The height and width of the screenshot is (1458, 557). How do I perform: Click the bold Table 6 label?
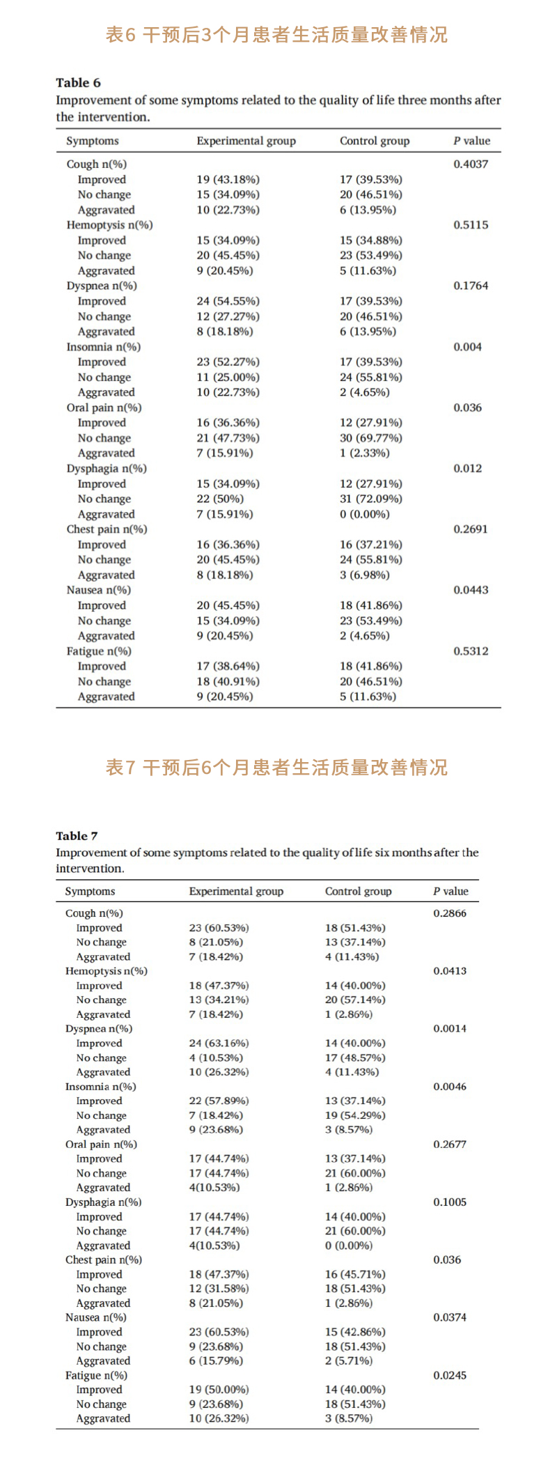(x=78, y=83)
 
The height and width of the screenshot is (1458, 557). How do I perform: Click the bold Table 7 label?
(x=77, y=836)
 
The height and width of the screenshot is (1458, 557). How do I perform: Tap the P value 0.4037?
(x=471, y=164)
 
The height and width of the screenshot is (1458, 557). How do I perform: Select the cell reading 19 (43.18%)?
(x=228, y=180)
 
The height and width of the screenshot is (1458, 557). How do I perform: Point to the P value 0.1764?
(x=471, y=286)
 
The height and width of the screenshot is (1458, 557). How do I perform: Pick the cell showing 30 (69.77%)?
(x=370, y=438)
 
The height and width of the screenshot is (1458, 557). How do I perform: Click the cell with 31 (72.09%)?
(x=370, y=499)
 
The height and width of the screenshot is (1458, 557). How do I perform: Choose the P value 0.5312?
(x=471, y=651)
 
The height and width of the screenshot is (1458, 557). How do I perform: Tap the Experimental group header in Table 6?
(x=246, y=141)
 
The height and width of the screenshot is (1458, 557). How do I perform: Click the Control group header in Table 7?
(x=358, y=891)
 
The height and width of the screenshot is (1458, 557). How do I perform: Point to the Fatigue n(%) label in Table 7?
(x=96, y=1375)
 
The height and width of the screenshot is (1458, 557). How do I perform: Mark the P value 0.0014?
(x=450, y=1028)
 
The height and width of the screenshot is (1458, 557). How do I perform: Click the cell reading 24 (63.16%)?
(x=219, y=1043)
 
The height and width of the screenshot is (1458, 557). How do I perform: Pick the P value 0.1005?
(x=450, y=1202)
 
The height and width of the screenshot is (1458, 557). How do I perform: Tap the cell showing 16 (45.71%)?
(x=355, y=1274)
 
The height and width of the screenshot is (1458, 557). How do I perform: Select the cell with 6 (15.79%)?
(x=216, y=1360)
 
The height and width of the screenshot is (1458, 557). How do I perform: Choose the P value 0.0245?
(x=450, y=1375)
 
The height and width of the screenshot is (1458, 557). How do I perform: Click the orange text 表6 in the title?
(x=120, y=35)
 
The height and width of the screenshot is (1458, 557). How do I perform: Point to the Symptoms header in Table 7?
(x=90, y=891)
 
